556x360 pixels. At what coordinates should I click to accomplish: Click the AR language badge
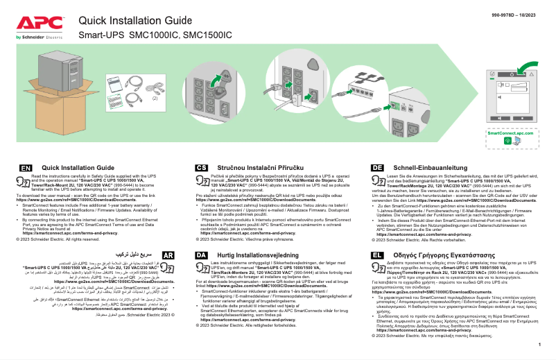(x=167, y=255)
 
